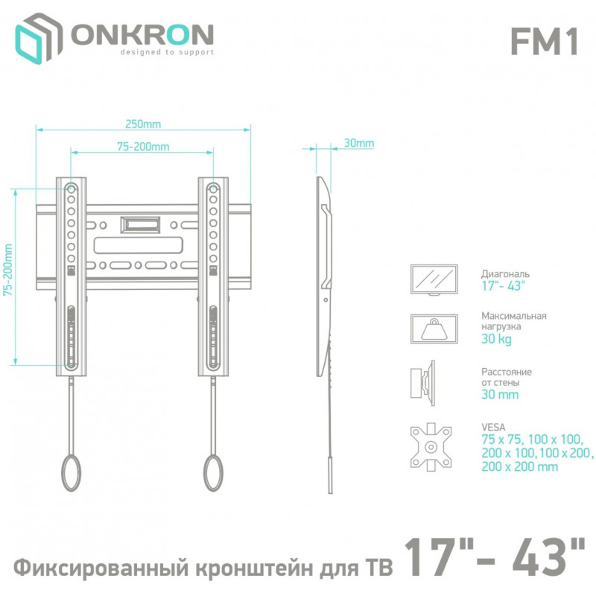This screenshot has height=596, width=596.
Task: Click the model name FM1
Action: (x=544, y=42)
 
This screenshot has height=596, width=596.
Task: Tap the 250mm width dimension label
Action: (x=143, y=124)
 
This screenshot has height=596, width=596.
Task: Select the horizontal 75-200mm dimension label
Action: (x=143, y=146)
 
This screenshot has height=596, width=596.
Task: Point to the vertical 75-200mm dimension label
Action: (x=8, y=270)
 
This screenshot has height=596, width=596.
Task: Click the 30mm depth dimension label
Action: (x=359, y=143)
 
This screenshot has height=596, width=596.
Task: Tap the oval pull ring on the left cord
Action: (x=71, y=472)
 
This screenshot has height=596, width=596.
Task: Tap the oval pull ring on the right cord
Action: (x=213, y=472)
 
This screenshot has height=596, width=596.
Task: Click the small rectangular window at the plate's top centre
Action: (x=140, y=225)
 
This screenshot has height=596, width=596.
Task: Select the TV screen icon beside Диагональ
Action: (x=434, y=279)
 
